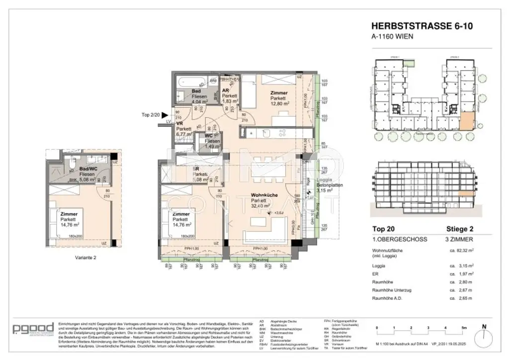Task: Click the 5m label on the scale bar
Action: [463, 328]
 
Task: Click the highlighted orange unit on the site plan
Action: [467, 122]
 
